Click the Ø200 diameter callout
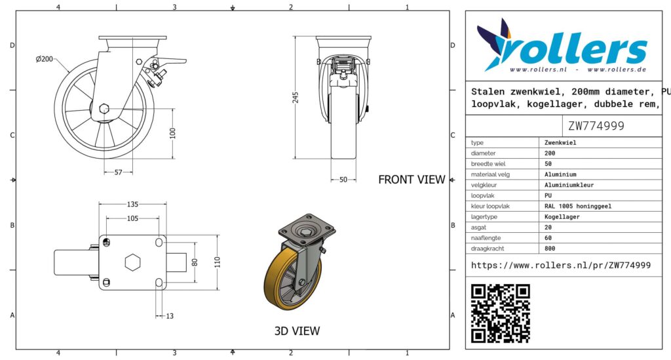(45, 59)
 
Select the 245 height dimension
(296, 97)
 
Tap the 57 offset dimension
(118, 172)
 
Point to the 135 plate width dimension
(132, 204)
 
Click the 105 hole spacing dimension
(132, 218)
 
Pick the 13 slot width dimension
(170, 316)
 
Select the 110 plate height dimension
(218, 262)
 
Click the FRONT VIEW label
(412, 180)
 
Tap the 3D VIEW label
(297, 331)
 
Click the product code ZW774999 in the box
(596, 126)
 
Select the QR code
(501, 313)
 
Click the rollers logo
(562, 47)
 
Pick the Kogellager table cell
(562, 216)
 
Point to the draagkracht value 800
(550, 249)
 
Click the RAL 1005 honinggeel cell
(578, 206)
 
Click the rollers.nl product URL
(561, 266)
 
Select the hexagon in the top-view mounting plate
(132, 262)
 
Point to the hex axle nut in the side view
(104, 109)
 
